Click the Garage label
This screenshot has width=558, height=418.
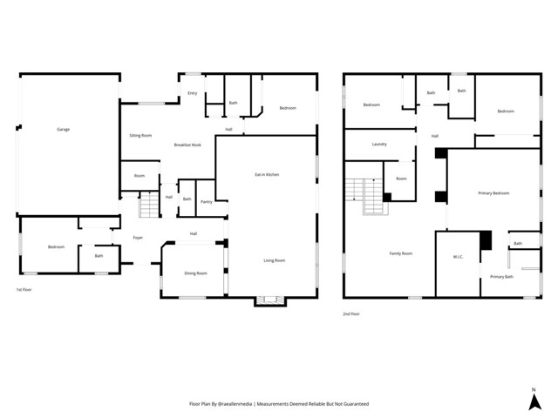(x=64, y=130)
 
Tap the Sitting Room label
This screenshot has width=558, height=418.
(x=140, y=136)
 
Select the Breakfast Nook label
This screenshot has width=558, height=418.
(x=187, y=145)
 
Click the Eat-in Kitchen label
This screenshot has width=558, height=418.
(x=267, y=175)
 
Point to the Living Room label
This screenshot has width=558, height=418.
(x=275, y=260)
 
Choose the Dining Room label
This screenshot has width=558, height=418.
(x=195, y=273)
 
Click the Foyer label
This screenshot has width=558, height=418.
(x=138, y=238)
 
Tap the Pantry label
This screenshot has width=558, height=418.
(x=207, y=202)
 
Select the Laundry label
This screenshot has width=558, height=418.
(x=379, y=144)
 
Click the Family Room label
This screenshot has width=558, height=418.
(x=400, y=253)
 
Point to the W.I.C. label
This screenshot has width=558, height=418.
(x=458, y=257)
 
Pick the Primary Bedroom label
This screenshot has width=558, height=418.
(x=493, y=193)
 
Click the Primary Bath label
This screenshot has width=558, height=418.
(x=501, y=277)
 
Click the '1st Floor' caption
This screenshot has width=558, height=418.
(x=24, y=289)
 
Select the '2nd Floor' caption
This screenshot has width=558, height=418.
(x=350, y=313)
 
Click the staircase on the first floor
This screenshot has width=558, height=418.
(x=149, y=206)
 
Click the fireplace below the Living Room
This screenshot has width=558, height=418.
(x=268, y=300)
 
